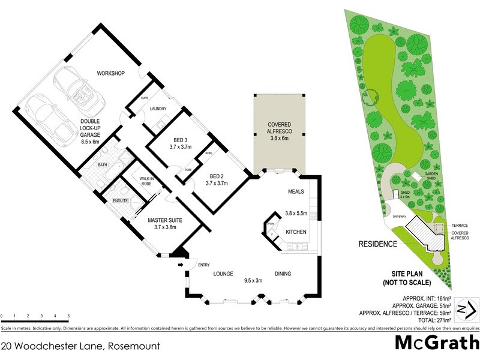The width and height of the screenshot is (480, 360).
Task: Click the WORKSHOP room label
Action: tap(110, 73)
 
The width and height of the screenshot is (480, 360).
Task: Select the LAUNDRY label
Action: tap(158, 109)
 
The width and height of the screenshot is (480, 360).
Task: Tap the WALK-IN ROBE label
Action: tap(147, 181)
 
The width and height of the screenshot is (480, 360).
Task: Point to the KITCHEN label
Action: tap(296, 231)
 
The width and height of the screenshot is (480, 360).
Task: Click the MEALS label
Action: tap(295, 191)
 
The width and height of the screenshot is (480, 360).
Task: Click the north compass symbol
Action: tap(467, 309)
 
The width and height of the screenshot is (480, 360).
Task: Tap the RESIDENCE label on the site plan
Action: tap(377, 244)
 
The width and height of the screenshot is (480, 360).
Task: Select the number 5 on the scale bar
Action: tap(68, 316)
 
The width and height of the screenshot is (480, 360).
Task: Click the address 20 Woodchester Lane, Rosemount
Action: tap(73, 346)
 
